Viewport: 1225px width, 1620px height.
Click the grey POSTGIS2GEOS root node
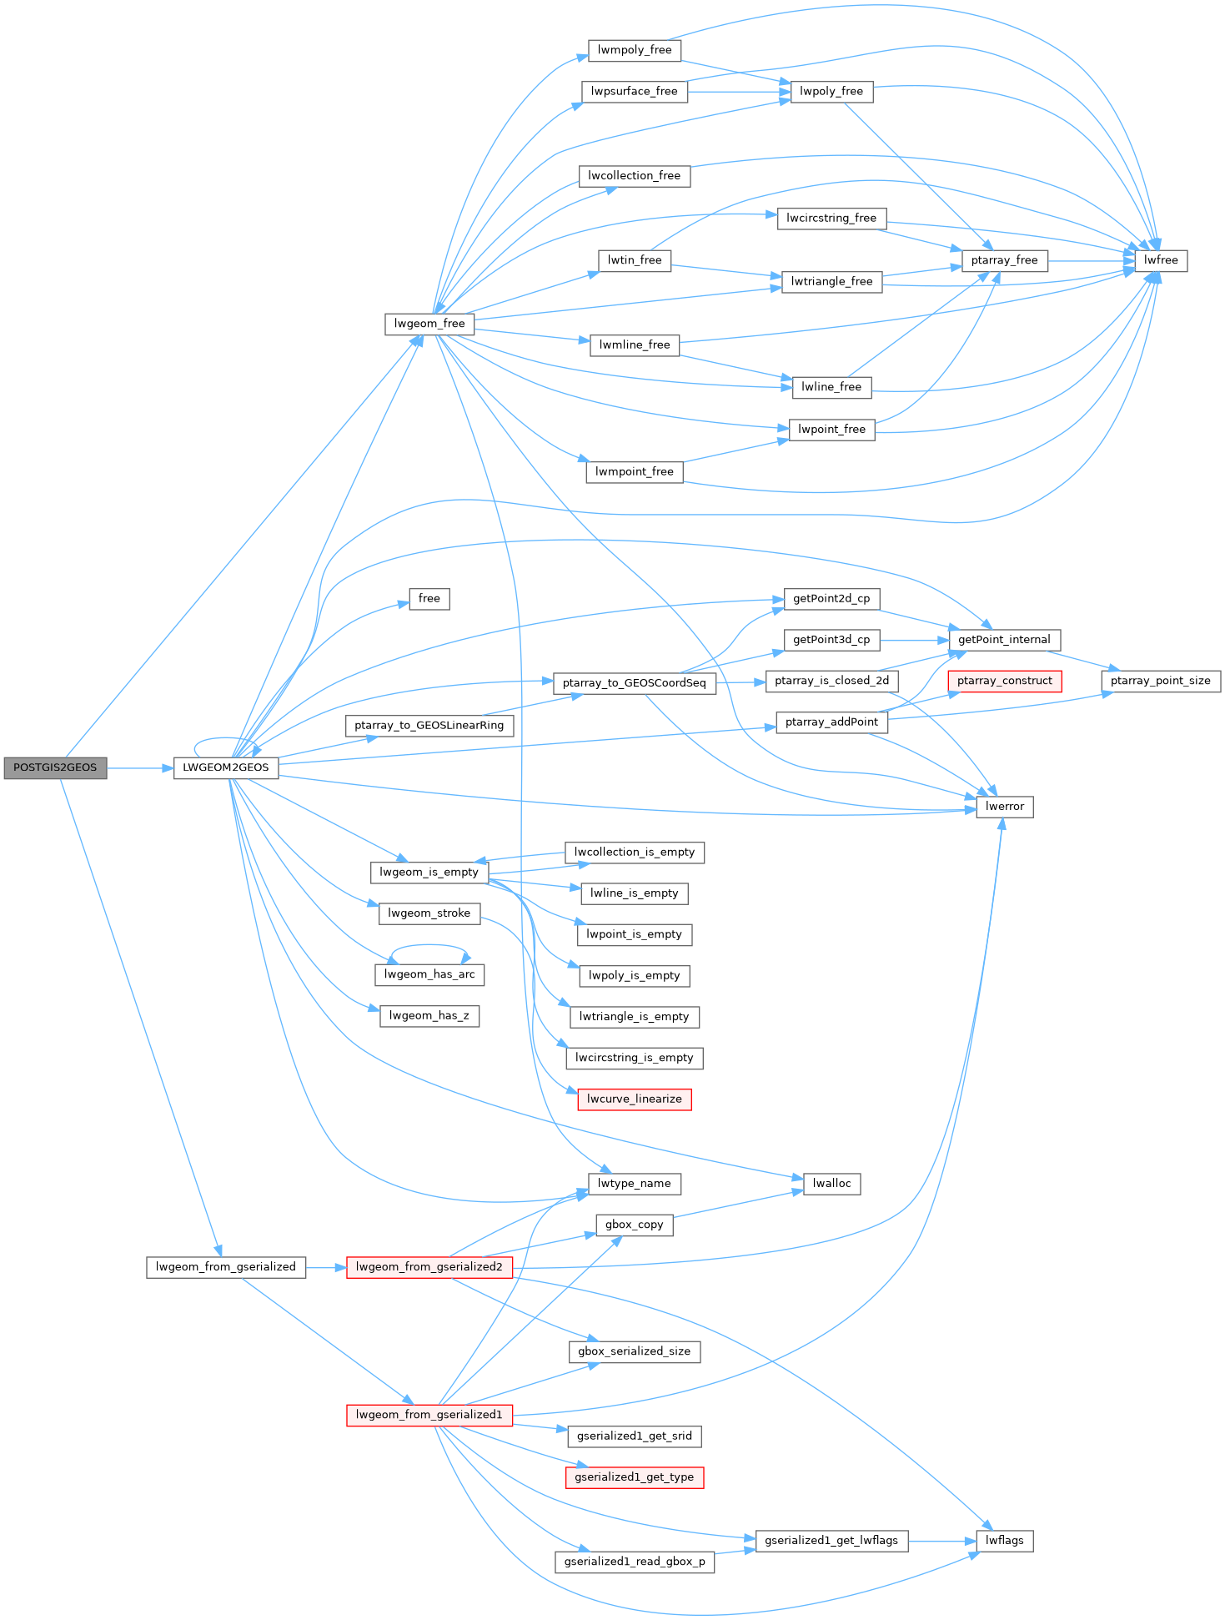point(55,767)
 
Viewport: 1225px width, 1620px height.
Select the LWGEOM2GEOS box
point(225,767)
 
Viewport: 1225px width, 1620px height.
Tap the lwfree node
point(1161,260)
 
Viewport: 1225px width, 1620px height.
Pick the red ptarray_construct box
point(1004,681)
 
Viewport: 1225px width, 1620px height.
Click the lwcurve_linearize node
point(634,1099)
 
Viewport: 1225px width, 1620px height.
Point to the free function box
point(429,598)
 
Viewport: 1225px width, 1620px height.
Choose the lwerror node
point(1004,807)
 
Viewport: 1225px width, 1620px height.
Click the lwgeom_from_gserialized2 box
point(429,1266)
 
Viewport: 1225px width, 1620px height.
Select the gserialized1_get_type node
point(634,1477)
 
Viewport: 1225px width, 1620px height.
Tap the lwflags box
point(1004,1540)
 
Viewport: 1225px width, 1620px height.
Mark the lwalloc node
point(831,1183)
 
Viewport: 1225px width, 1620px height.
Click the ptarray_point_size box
point(1160,681)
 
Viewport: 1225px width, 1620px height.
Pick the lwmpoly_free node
point(634,50)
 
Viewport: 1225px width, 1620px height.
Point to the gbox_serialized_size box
point(634,1351)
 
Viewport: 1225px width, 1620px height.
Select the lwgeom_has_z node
point(429,1015)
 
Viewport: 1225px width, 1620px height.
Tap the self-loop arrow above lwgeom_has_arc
point(429,946)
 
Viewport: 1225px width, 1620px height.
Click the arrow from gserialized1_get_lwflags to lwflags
point(942,1541)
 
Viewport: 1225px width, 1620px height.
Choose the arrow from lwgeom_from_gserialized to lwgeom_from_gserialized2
point(326,1267)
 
